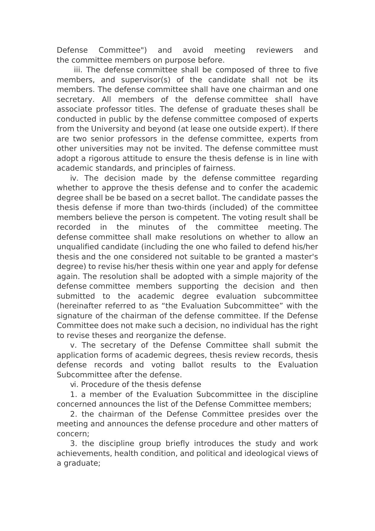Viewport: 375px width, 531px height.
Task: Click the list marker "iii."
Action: pyautogui.click(x=78, y=70)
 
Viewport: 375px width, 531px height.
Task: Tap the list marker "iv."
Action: pyautogui.click(x=74, y=178)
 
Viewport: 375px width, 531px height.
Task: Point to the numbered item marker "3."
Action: pyautogui.click(x=74, y=443)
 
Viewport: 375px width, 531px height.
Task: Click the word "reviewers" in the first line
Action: pyautogui.click(x=274, y=50)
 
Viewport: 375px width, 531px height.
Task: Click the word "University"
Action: pyautogui.click(x=110, y=129)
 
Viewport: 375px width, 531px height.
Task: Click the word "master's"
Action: pyautogui.click(x=302, y=257)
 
